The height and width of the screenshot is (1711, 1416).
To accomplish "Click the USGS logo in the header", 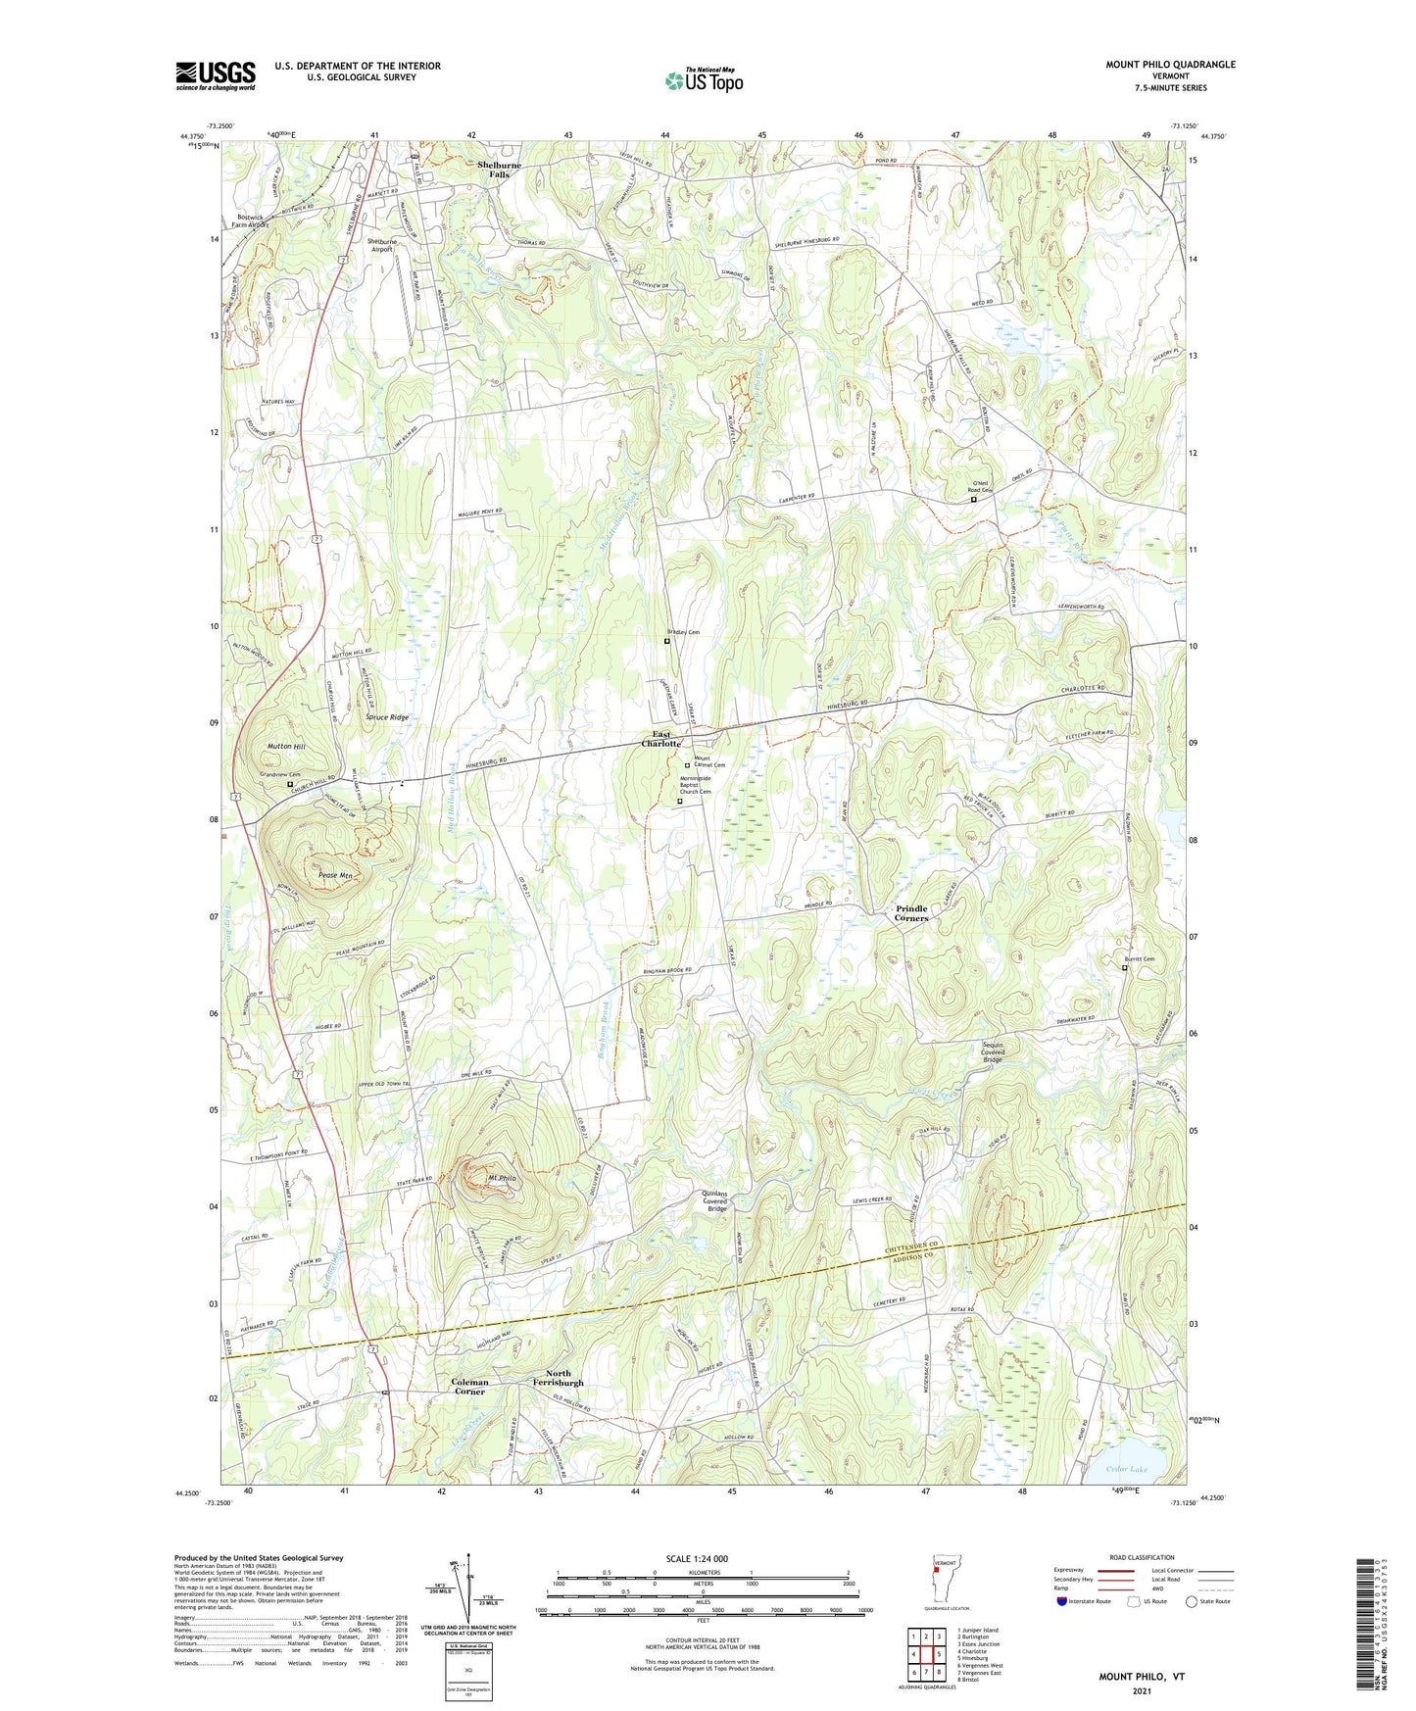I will point(216,74).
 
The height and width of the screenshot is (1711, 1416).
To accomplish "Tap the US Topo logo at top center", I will point(703,79).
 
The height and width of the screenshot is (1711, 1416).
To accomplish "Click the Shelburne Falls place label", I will point(499,170).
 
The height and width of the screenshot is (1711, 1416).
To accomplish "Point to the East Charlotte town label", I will point(661,739).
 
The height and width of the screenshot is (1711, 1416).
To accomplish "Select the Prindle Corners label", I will point(911,913).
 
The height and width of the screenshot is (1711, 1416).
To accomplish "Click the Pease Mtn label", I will point(335,875).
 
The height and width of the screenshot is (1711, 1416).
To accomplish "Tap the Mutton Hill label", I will point(286,747).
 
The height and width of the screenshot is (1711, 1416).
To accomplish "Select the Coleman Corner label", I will point(469,1387).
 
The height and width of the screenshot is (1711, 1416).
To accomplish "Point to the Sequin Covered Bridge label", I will point(994,1051).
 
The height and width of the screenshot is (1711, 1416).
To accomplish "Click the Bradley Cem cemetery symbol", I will point(667,642).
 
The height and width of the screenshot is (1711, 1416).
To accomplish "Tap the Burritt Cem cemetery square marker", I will point(1124,968).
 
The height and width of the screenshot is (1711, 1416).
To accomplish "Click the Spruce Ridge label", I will point(387,717).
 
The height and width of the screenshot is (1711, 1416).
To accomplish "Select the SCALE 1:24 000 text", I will point(697,1559).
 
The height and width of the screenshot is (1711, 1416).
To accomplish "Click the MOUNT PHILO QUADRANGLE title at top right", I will point(1170,65).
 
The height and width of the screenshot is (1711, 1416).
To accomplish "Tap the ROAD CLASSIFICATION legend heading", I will point(1142,1557).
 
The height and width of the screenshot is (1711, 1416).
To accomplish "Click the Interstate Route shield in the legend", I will point(1061,1602).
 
